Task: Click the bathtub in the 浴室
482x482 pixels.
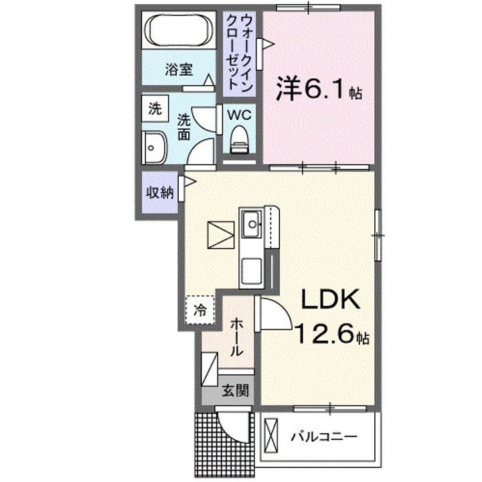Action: [x=179, y=31]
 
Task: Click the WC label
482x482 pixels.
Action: [x=239, y=114]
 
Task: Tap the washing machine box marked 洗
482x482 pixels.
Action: [x=155, y=109]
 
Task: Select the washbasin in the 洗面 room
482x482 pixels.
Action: [x=155, y=145]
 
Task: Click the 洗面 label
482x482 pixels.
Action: [x=183, y=126]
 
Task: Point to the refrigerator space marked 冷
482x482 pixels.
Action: [x=199, y=309]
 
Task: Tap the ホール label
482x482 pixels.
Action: [x=236, y=337]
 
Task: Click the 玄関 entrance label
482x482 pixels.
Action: [x=236, y=390]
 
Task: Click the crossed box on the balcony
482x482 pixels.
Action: [x=272, y=436]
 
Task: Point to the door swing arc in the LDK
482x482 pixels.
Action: [x=276, y=315]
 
